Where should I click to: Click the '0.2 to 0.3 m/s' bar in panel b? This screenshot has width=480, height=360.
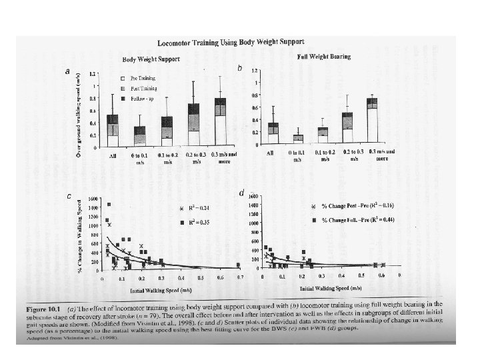pyautogui.click(x=347, y=127)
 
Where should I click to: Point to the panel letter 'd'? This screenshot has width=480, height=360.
pyautogui.click(x=241, y=193)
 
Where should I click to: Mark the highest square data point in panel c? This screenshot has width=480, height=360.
pyautogui.click(x=109, y=205)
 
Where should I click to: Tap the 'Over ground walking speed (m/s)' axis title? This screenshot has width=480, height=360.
pyautogui.click(x=79, y=107)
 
